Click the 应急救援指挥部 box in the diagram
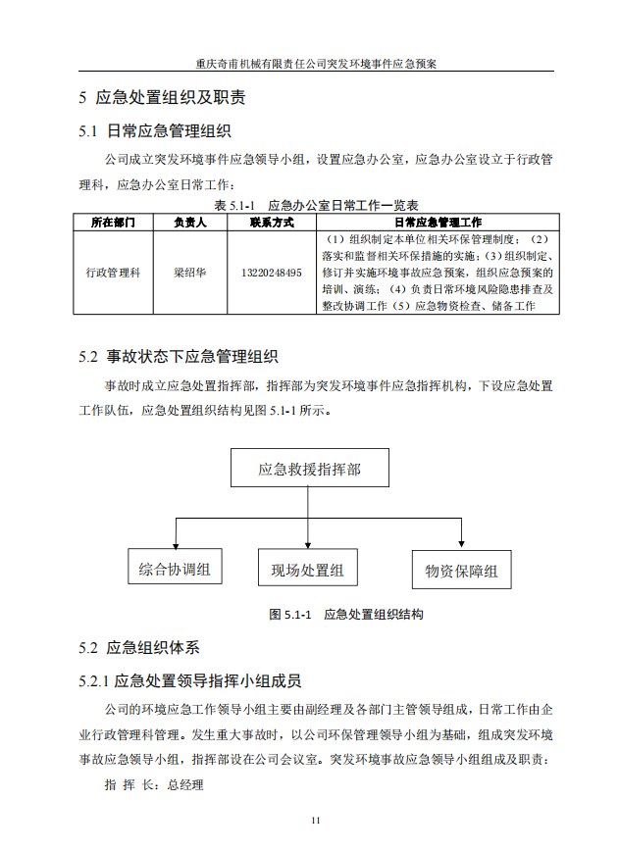(309, 470)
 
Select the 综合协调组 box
(176, 569)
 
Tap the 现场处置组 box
(308, 570)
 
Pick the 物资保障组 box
(461, 571)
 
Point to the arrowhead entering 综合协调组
(176, 543)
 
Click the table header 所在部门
(113, 223)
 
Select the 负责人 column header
(189, 223)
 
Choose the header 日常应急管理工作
(438, 223)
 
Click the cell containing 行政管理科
(113, 273)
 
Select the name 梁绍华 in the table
(189, 273)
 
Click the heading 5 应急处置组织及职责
(162, 98)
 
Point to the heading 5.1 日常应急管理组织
(155, 131)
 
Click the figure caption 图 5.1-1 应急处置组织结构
(345, 615)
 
